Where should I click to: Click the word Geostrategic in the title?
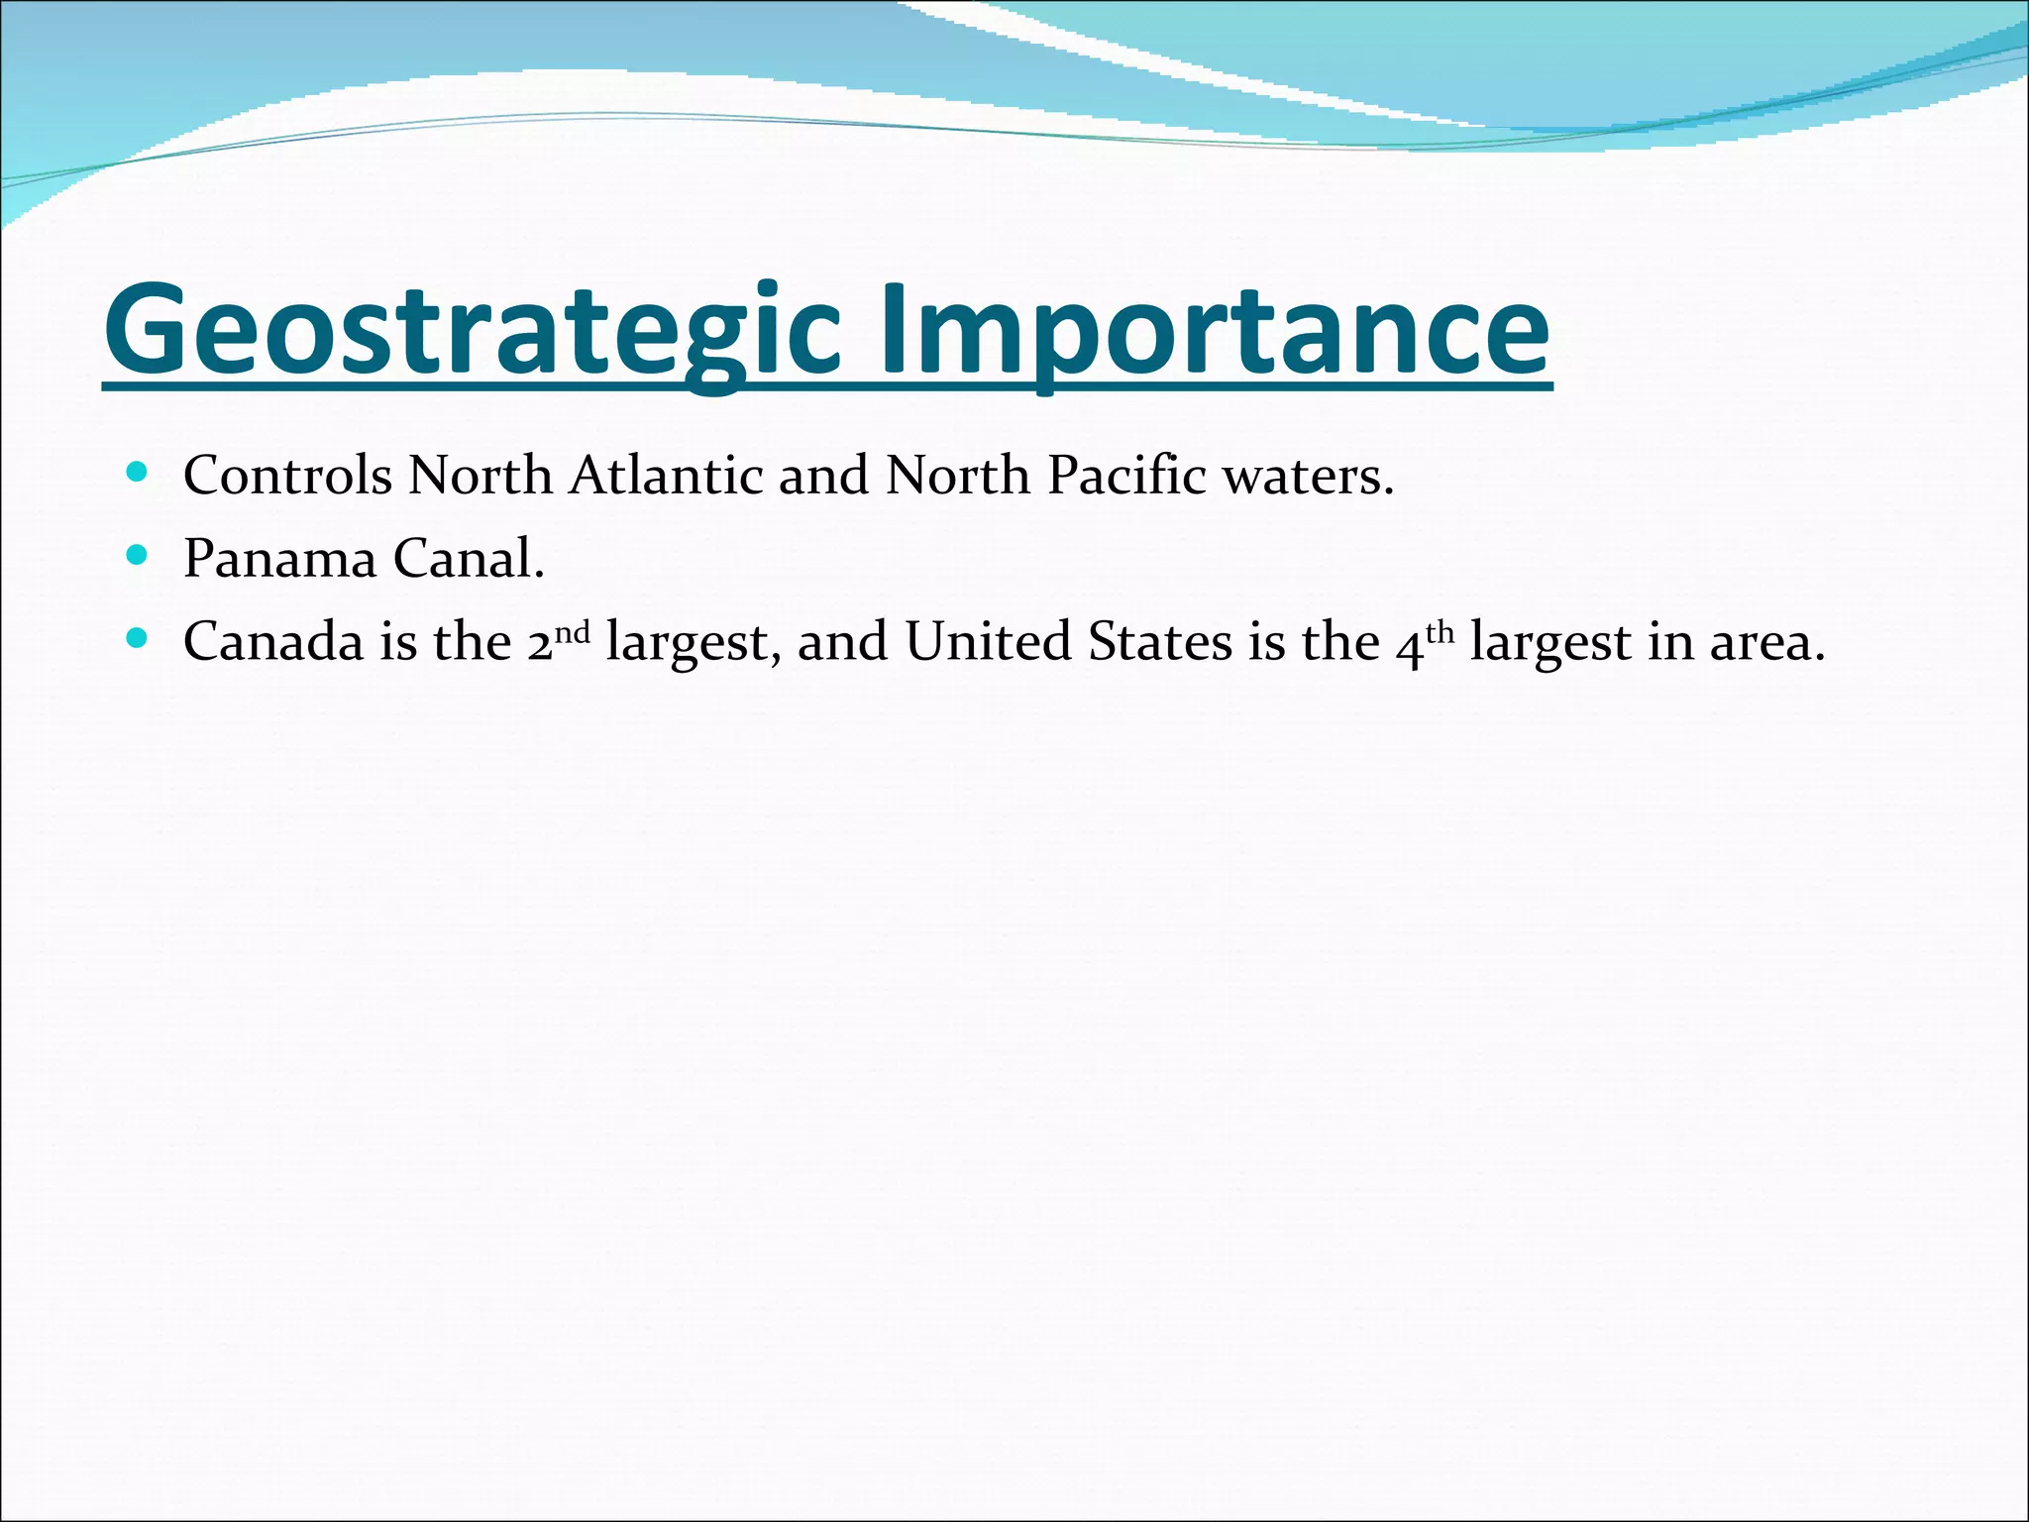point(474,330)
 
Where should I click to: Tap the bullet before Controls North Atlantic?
point(138,472)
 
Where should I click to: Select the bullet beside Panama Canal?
point(138,555)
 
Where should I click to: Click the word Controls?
point(287,476)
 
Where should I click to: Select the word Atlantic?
point(665,476)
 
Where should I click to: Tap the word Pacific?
point(1126,476)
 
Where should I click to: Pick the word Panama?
point(279,559)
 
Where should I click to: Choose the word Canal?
point(469,559)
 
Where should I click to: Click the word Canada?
point(273,642)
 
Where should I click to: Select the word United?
point(988,642)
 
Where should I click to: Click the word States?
point(1159,642)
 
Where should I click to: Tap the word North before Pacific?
point(958,476)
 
